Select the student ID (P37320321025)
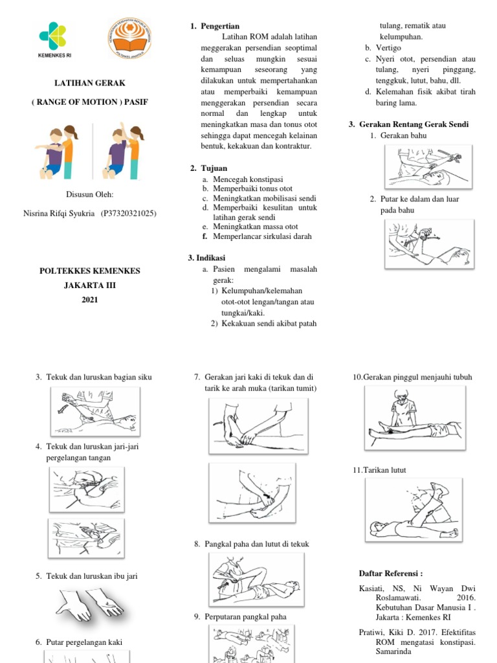[129, 213]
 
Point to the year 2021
[89, 300]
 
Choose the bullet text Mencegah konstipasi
[243, 179]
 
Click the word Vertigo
[388, 48]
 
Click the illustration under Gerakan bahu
[425, 166]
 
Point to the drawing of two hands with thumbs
[90, 603]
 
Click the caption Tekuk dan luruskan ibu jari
[91, 576]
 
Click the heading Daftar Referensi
[391, 573]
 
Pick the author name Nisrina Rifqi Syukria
[62, 213]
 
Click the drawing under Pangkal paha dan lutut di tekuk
[255, 578]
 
